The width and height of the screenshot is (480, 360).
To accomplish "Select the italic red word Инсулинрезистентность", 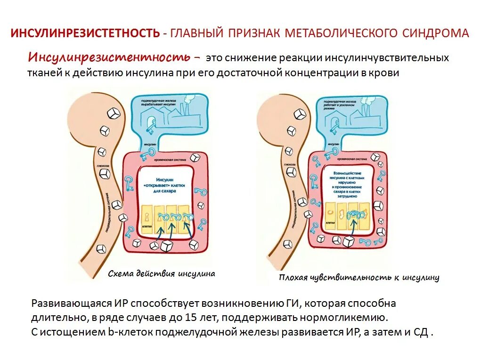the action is [x=110, y=58].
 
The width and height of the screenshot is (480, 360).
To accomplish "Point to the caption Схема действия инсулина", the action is [x=161, y=273].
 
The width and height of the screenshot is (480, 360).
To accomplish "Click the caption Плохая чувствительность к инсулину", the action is [x=359, y=278].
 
